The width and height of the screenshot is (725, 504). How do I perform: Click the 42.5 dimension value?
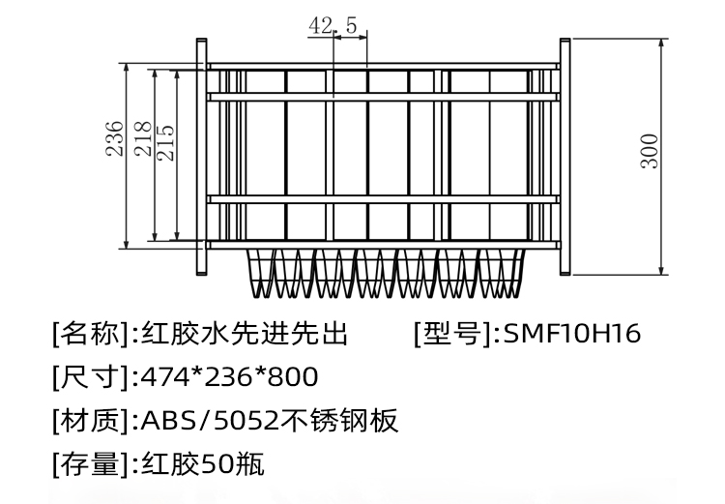click(333, 26)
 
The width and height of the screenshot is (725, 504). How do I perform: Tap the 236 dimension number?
click(115, 138)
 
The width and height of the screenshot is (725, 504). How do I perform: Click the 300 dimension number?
click(650, 151)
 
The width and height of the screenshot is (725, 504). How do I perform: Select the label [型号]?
click(452, 335)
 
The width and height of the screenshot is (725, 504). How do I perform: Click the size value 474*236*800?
click(229, 377)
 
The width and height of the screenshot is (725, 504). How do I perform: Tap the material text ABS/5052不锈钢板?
click(270, 421)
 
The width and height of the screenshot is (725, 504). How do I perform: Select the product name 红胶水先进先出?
click(243, 335)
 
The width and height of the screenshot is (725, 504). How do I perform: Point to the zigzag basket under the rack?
click(386, 273)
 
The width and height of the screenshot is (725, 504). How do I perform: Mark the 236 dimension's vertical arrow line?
click(129, 193)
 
